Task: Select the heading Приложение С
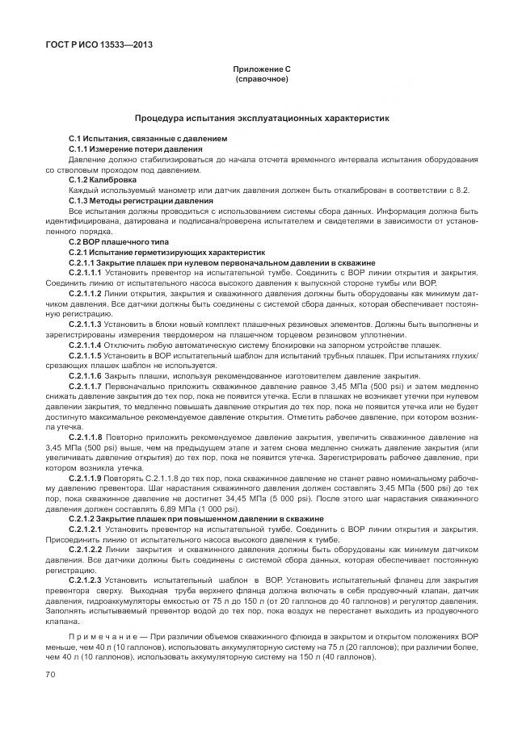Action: point(261,70)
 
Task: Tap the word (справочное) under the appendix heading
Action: point(261,80)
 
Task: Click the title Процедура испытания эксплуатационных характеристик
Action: point(261,118)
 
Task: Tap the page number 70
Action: point(51,674)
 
